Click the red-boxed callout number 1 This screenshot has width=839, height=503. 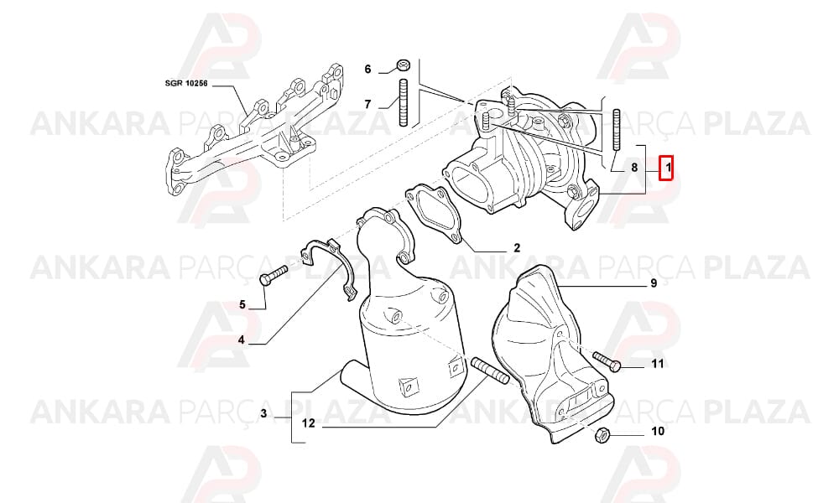coord(667,169)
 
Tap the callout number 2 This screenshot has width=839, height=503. coord(516,247)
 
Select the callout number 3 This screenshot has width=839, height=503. coord(263,413)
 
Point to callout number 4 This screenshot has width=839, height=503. coord(242,340)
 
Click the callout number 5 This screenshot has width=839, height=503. coord(242,304)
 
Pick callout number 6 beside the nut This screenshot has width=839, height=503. coord(367,69)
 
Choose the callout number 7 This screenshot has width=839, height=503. coord(367,104)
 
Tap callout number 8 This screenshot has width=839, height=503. coord(634,168)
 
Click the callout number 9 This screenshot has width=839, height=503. coord(654,283)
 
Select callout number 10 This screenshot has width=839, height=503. coord(658,431)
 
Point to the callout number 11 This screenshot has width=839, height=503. coord(658,364)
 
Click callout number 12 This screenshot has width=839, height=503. coord(308,423)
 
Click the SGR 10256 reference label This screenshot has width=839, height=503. coord(185,83)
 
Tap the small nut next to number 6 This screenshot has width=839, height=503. coord(403,65)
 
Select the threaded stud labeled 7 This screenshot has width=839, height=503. coord(404,102)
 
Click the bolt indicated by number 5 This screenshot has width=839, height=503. coord(273,275)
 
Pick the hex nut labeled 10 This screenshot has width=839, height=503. coord(602,435)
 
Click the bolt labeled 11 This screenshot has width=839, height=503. coord(607,360)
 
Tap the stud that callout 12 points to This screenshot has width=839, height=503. coord(490,371)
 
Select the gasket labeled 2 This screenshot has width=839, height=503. coord(434,215)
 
